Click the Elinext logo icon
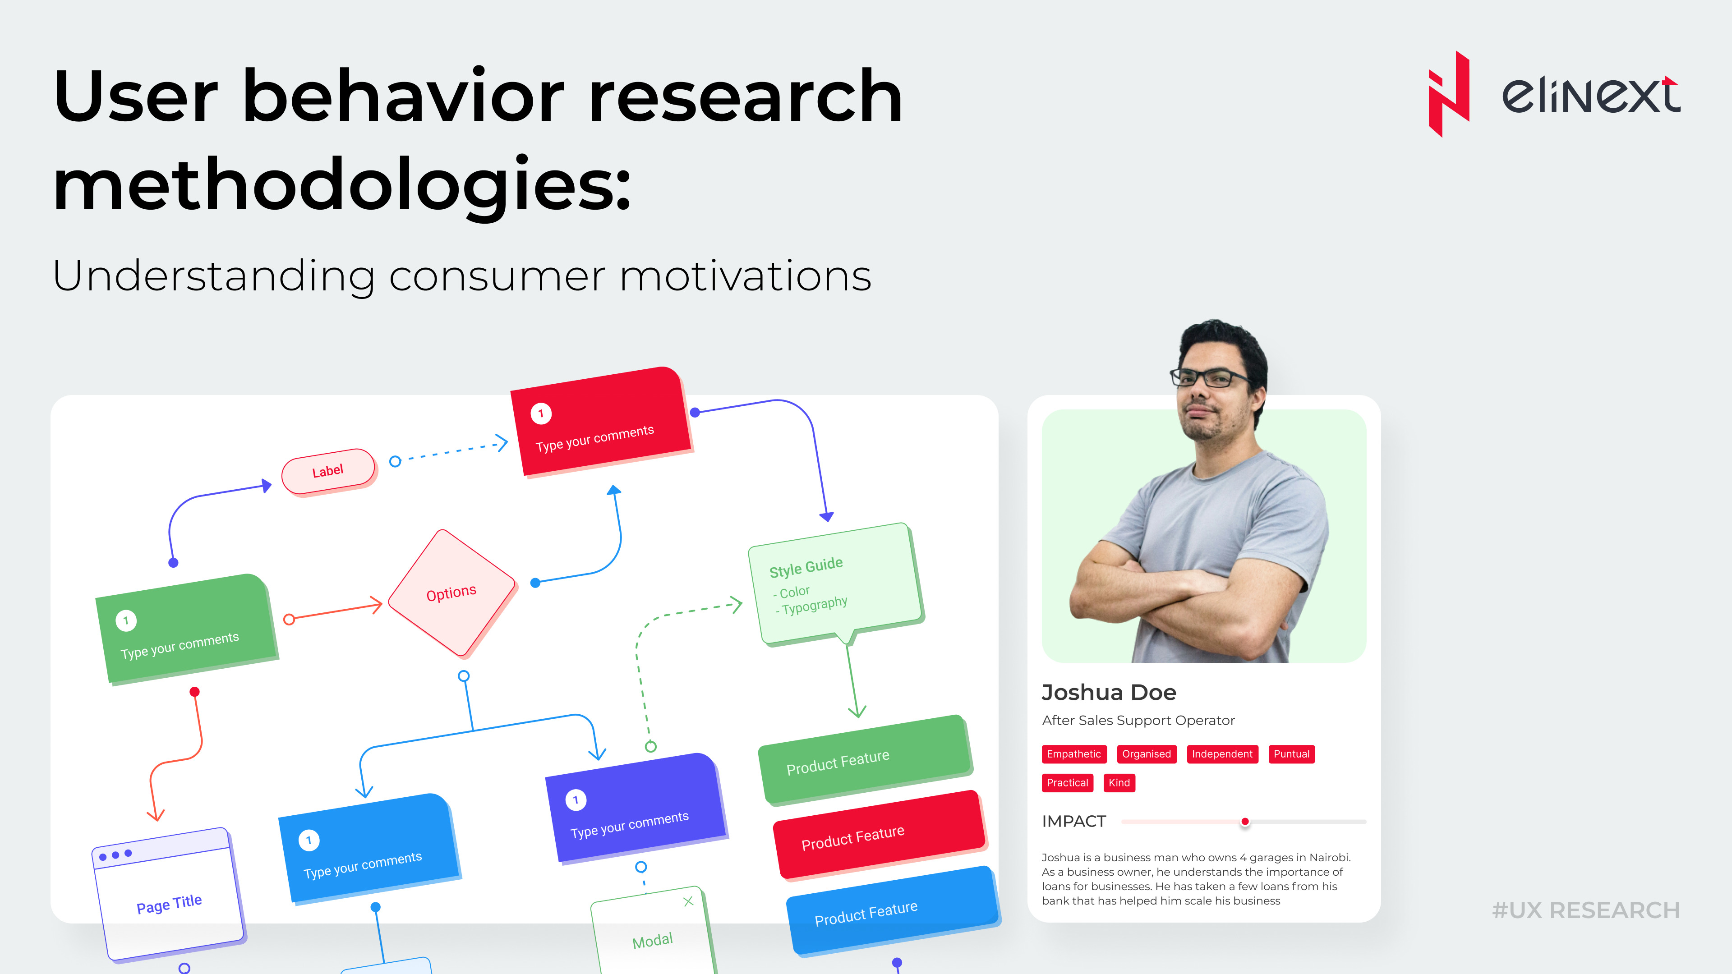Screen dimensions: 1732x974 (x=1448, y=94)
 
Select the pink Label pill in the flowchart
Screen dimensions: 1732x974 (x=328, y=471)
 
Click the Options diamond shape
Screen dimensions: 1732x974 (x=452, y=593)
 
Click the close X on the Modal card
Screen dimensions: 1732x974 (x=688, y=901)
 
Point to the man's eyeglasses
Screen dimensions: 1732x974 (x=1211, y=377)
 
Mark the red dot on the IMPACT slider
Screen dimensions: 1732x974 (x=1244, y=822)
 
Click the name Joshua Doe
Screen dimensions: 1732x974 (x=1109, y=692)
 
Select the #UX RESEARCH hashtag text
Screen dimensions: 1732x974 (x=1585, y=910)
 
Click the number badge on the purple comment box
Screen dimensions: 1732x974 (x=576, y=800)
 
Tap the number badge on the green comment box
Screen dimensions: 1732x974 (x=126, y=620)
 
